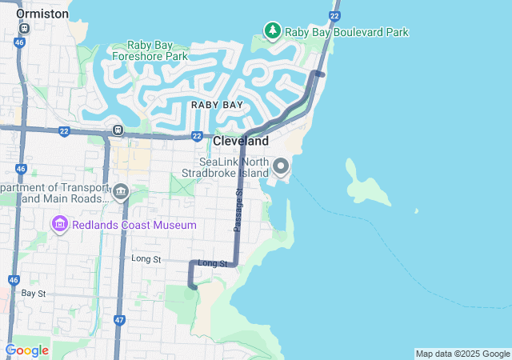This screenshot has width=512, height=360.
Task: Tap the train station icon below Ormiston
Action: pos(24,29)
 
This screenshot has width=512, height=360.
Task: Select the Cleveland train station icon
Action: pos(118,130)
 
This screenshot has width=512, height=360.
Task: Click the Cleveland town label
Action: pos(241,141)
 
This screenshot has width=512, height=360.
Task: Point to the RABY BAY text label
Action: pos(216,105)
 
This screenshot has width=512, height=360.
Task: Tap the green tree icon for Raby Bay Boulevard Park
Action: pos(273,31)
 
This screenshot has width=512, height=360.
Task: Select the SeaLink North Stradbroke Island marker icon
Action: pos(281,166)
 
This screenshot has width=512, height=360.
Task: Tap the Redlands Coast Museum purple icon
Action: pos(59,225)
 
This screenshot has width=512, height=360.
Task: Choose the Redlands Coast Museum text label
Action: pos(133,225)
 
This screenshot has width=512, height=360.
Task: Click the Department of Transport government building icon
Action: pos(121,191)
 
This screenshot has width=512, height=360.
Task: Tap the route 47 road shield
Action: pos(119,321)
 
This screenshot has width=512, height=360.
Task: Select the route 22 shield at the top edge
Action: pos(334,16)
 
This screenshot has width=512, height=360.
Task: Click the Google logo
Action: pos(26,350)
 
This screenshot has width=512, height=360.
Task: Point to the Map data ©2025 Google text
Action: pos(462,354)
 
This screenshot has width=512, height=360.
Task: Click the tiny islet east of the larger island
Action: pos(416,211)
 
